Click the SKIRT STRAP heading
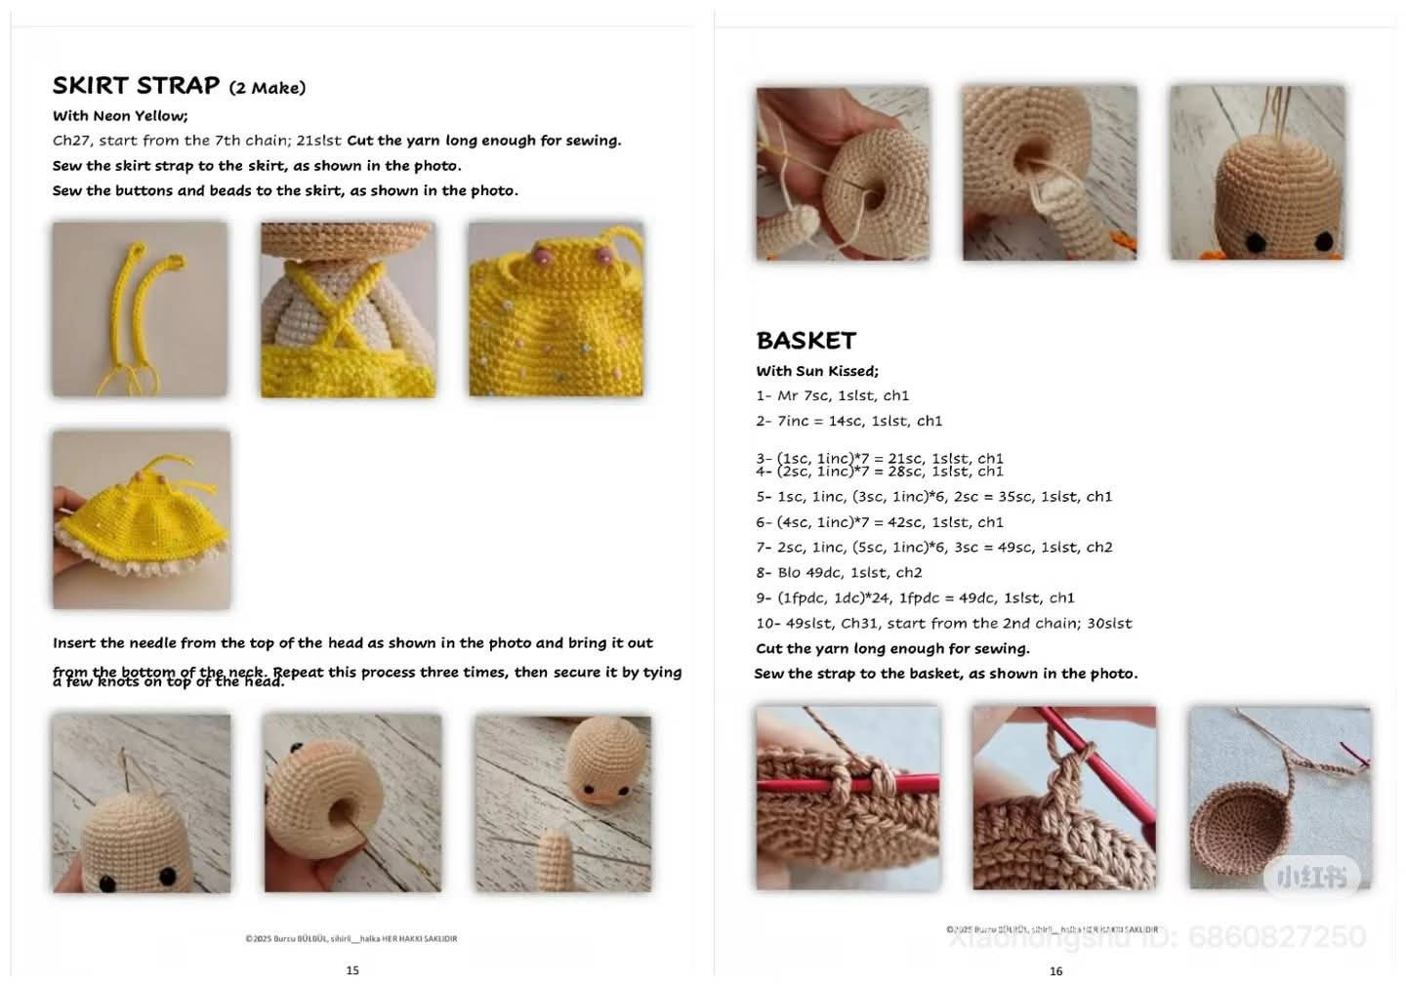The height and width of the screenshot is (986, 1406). (x=137, y=86)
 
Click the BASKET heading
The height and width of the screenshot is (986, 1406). (x=806, y=341)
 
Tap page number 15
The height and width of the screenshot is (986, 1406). (x=352, y=969)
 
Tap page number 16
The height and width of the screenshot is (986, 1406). (x=1055, y=970)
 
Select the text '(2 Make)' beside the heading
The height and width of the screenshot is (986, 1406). (x=268, y=88)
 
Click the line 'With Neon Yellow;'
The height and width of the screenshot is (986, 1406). (x=120, y=115)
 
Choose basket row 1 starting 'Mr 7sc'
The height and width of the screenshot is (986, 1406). (x=832, y=395)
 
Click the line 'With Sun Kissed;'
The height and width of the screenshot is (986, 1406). (x=817, y=371)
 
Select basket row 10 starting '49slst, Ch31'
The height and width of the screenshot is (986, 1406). (x=943, y=623)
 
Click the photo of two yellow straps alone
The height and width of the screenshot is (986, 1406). (x=140, y=308)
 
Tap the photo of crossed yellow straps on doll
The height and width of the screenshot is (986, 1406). (x=348, y=308)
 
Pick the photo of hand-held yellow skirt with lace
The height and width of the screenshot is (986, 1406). (x=142, y=519)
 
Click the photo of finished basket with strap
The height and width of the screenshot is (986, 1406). (x=1279, y=798)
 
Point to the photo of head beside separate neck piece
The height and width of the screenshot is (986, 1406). (x=562, y=802)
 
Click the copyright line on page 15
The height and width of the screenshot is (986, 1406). (x=351, y=939)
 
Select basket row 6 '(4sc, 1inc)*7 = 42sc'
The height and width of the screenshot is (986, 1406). (x=880, y=522)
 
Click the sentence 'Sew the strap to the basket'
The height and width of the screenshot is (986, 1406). (x=945, y=674)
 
